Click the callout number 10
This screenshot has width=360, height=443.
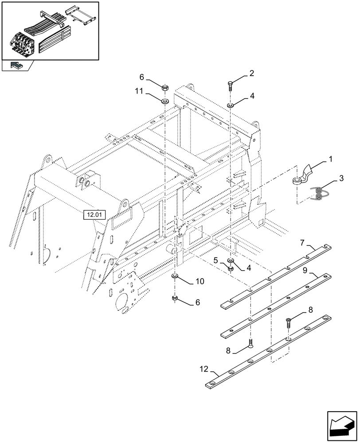tap(200, 281)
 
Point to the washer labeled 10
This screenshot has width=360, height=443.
tap(175, 277)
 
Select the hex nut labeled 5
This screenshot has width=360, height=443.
tap(231, 268)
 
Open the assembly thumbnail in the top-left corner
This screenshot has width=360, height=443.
tap(50, 31)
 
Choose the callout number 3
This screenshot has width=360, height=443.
tap(341, 178)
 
